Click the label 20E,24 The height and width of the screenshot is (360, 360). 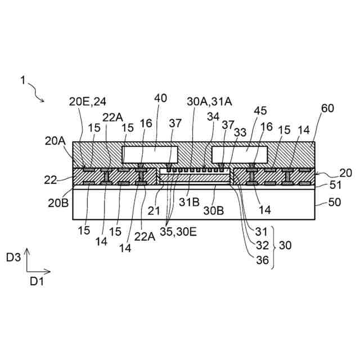88,102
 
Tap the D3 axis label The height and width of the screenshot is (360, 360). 14,258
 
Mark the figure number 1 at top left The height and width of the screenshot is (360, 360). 22,80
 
